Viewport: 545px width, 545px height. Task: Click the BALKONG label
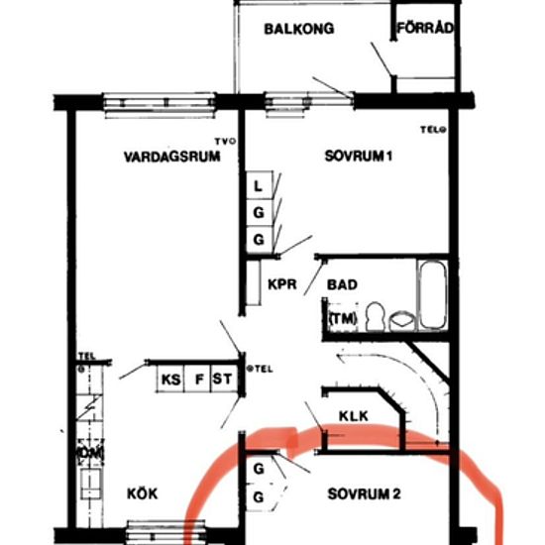298,29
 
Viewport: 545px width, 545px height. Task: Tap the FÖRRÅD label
425,29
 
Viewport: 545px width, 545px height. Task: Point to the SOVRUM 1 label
360,157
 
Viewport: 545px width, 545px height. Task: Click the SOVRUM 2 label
365,493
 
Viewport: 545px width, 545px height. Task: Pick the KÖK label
142,493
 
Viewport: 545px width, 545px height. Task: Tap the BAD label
342,284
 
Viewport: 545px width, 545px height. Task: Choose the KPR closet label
282,284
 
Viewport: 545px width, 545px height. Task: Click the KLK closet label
353,416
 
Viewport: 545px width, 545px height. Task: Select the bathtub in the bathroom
432,294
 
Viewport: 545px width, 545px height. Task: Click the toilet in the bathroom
375,316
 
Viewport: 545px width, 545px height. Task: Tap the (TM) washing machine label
342,318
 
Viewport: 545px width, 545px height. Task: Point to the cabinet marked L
258,185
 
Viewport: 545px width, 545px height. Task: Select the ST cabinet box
223,378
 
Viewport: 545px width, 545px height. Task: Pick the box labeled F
198,378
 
